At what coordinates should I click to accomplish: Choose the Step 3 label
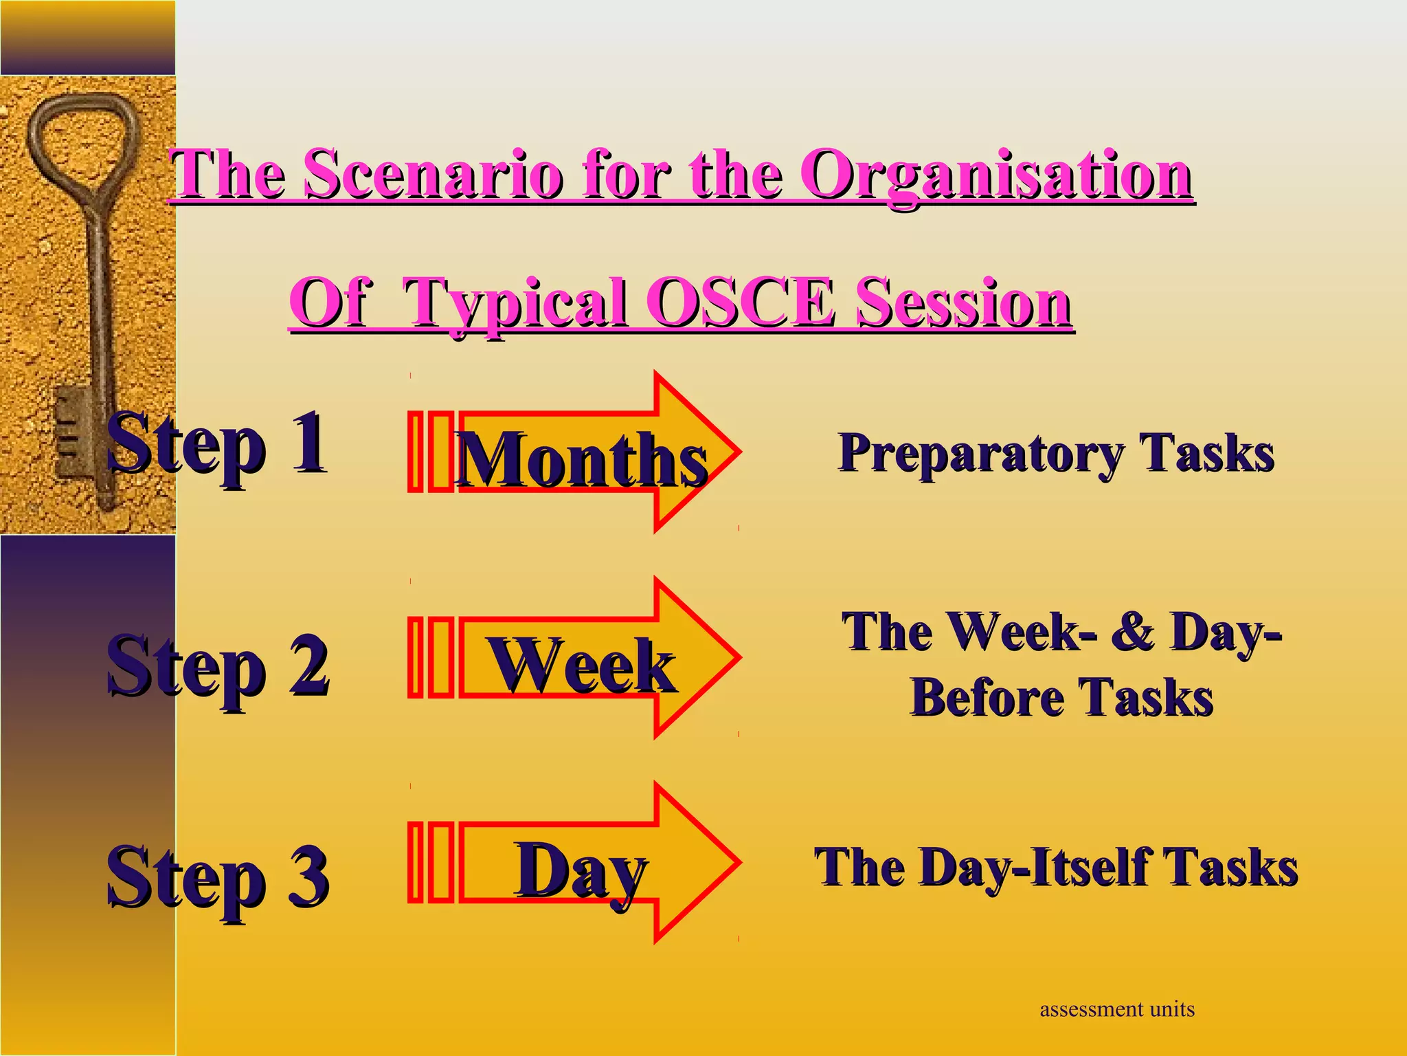[217, 879]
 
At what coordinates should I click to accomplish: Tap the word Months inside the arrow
[581, 459]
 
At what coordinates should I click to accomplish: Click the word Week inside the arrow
[581, 665]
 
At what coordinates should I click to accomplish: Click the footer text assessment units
[1117, 1009]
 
